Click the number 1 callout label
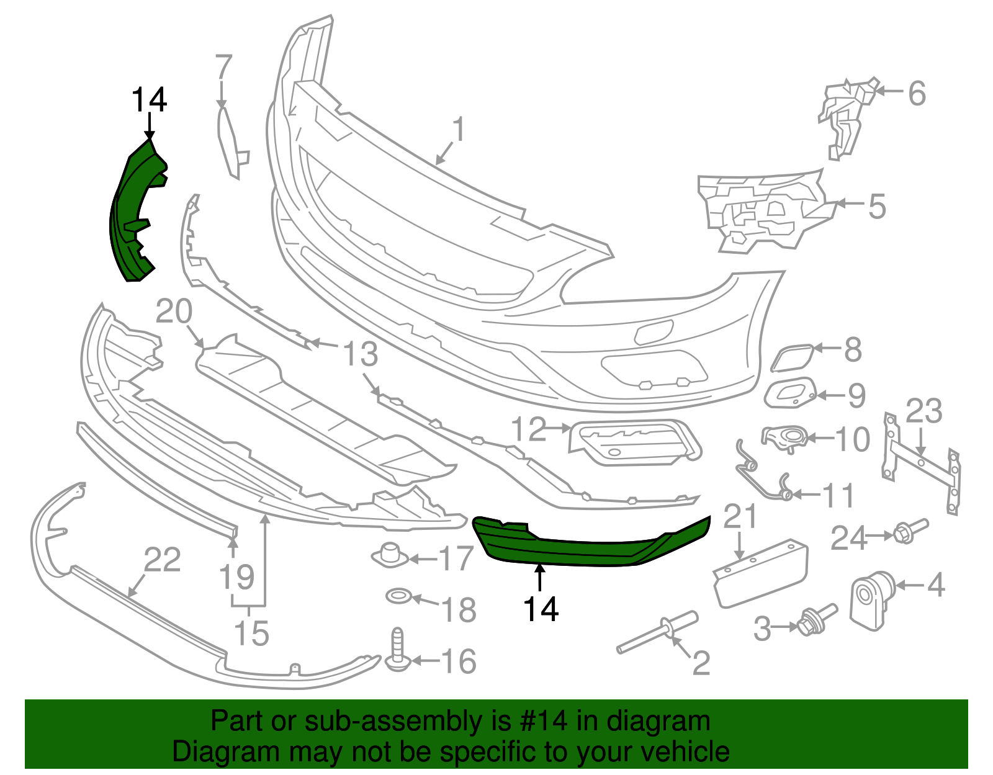click(458, 130)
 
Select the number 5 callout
click(876, 206)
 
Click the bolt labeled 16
click(397, 652)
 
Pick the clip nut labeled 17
click(390, 554)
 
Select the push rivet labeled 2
click(658, 633)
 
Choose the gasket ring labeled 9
click(789, 393)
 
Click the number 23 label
click(923, 411)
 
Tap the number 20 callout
click(174, 311)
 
